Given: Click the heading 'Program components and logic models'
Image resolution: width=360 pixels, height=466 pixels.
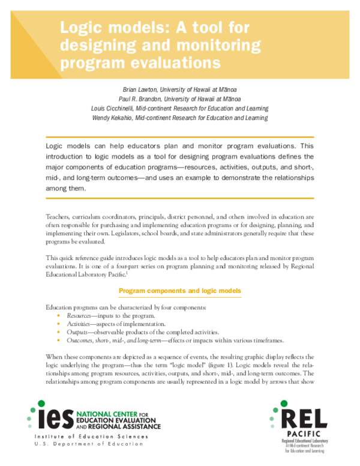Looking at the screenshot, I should coord(180,291).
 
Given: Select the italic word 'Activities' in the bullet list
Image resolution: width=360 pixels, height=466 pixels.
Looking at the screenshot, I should coord(78,324).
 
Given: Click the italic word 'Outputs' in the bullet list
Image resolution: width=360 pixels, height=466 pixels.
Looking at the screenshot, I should coord(76,333).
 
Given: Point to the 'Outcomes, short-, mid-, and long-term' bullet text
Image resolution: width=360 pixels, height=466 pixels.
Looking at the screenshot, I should coord(121,341).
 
